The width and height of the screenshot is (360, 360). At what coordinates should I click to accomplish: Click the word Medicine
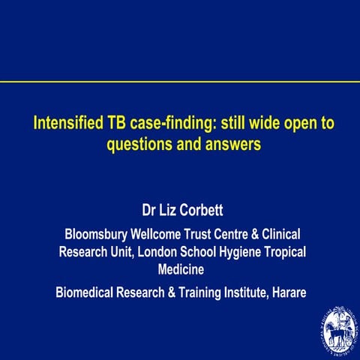181,269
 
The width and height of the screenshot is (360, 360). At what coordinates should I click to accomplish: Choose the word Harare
286,291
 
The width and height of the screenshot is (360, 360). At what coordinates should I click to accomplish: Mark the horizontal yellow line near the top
180,81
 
